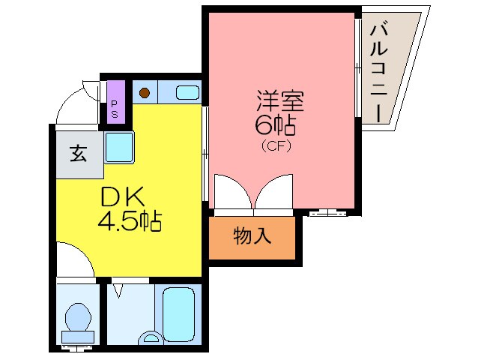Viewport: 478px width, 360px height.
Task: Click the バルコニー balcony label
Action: click(378, 73)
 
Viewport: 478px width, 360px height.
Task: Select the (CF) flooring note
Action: click(275, 145)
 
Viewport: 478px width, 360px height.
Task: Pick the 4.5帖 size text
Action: click(129, 222)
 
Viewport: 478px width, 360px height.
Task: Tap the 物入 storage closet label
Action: click(252, 238)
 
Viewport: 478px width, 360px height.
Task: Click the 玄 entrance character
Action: click(77, 154)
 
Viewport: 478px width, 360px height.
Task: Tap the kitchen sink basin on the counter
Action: click(187, 93)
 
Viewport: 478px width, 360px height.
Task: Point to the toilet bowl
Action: click(76, 319)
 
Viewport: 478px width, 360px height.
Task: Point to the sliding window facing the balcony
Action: click(358, 67)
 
